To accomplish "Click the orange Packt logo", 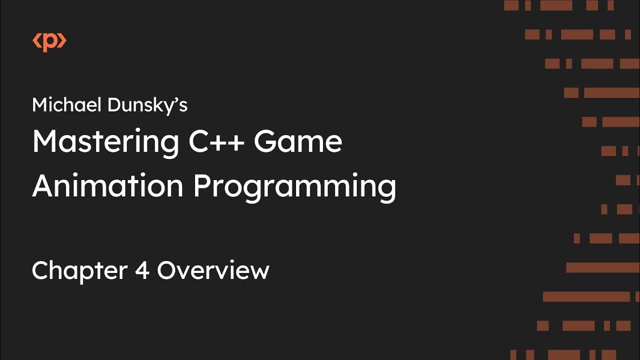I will point(49,42).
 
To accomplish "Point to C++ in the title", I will point(216,142).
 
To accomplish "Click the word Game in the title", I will point(298,142).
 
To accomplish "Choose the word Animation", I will point(107,186).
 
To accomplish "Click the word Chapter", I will point(79,271).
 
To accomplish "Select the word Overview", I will point(213,270).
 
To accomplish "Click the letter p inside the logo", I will point(49,43).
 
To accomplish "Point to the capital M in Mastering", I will point(44,142).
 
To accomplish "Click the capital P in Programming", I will point(201,185).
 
